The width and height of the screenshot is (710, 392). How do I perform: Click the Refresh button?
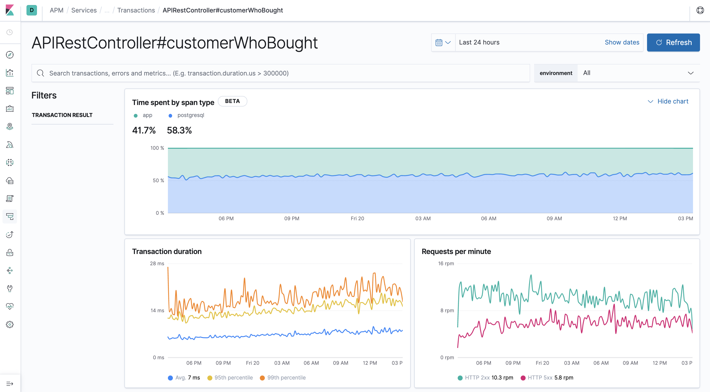(673, 42)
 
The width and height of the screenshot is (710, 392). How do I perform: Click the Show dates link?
(622, 42)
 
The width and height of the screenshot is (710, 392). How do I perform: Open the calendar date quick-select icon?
(443, 42)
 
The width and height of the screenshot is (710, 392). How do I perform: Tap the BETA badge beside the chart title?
(232, 101)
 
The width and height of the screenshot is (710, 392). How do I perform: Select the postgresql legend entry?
(190, 115)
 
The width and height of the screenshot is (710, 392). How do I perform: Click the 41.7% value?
(144, 130)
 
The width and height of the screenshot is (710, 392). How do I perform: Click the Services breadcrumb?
(84, 10)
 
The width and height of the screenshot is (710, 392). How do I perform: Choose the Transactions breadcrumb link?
(136, 10)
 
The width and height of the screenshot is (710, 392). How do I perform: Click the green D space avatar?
(32, 10)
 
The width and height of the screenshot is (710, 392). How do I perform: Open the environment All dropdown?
(638, 73)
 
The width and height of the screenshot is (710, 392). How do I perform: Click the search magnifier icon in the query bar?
(40, 73)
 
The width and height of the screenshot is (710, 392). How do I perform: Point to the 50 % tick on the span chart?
(158, 180)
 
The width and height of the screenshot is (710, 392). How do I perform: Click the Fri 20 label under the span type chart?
(357, 218)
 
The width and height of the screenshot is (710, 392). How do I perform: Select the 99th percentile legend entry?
(286, 378)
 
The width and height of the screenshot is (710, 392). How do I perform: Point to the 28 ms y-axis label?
(157, 263)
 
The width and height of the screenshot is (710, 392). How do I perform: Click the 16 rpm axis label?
(446, 263)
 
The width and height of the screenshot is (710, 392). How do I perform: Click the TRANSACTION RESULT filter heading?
(62, 115)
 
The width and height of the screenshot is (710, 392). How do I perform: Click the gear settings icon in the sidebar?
(10, 324)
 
